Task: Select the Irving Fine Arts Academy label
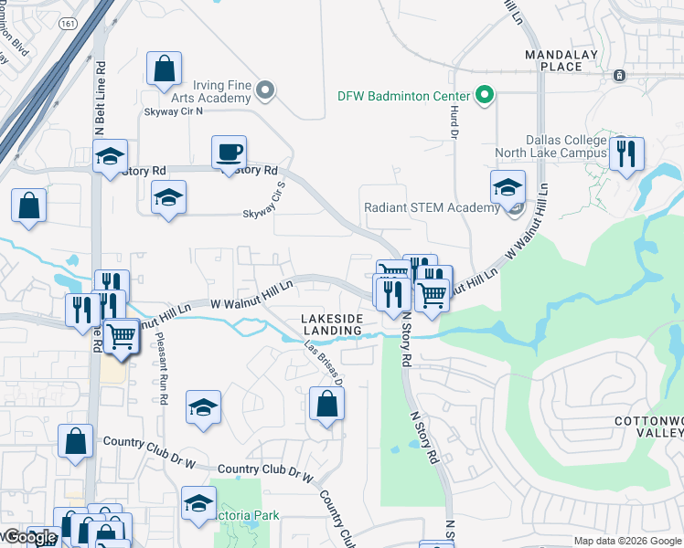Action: click(x=208, y=90)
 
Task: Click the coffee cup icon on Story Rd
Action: click(x=229, y=152)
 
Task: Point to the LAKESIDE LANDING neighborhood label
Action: click(x=333, y=324)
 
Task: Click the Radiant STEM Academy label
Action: click(x=432, y=207)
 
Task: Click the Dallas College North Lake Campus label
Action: click(x=550, y=146)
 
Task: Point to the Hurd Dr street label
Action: click(x=453, y=120)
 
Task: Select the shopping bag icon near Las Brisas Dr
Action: click(x=326, y=403)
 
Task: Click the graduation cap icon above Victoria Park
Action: click(x=198, y=502)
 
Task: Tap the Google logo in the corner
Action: click(x=30, y=538)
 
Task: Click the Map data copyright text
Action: click(x=627, y=541)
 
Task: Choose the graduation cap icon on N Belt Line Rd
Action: click(x=110, y=156)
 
